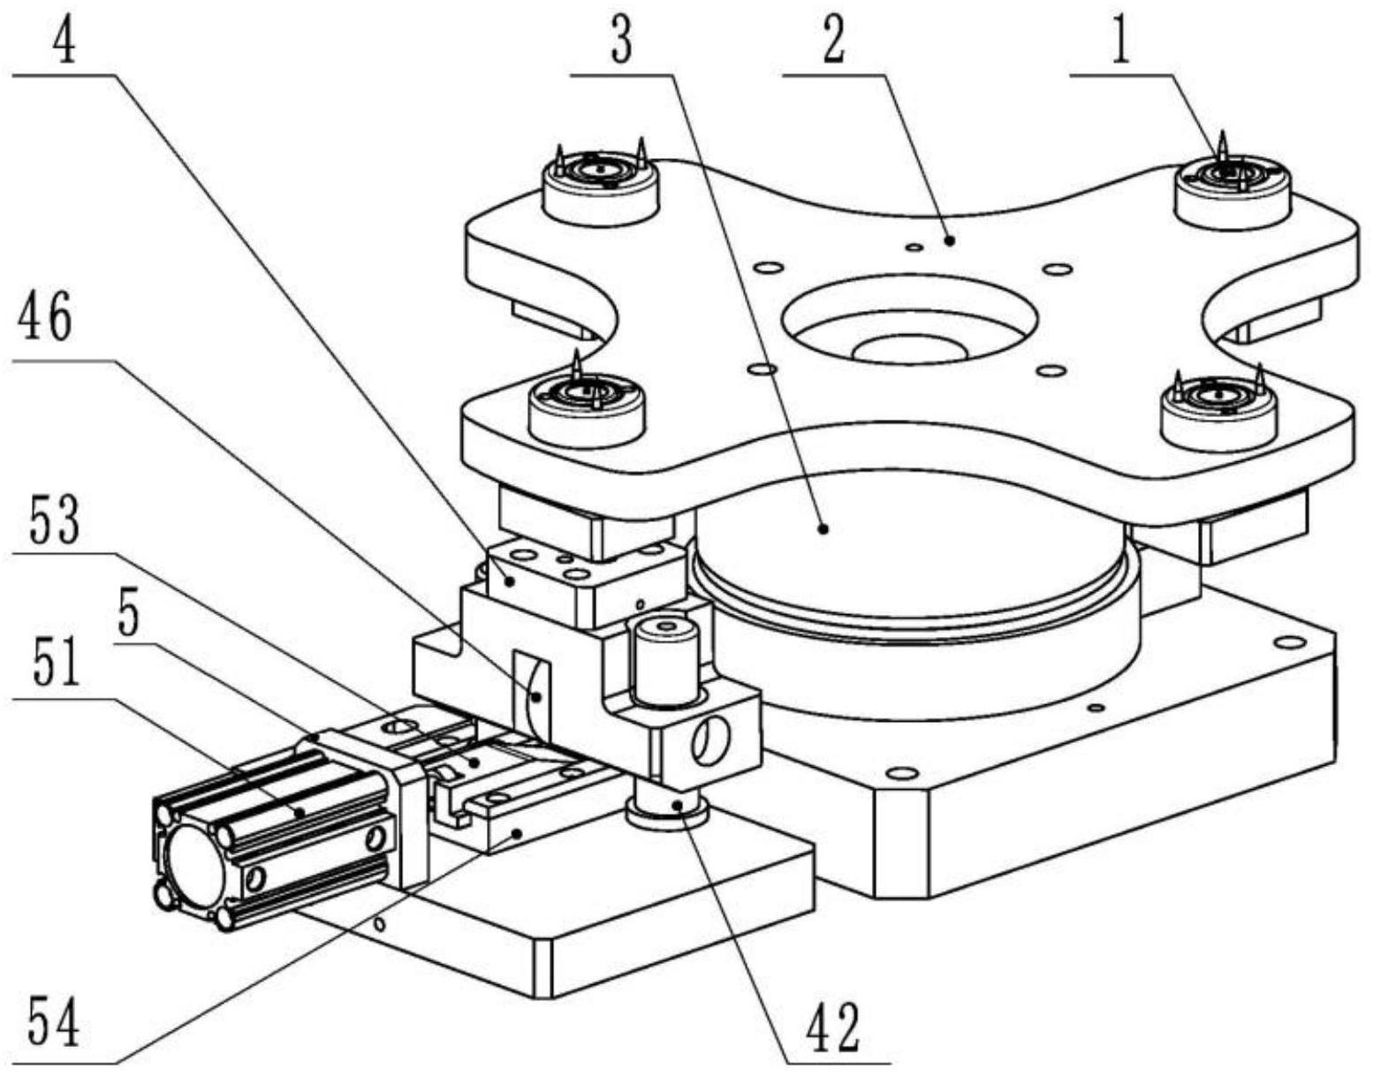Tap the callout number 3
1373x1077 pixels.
tap(622, 41)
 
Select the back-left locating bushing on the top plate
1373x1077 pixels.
tap(600, 183)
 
